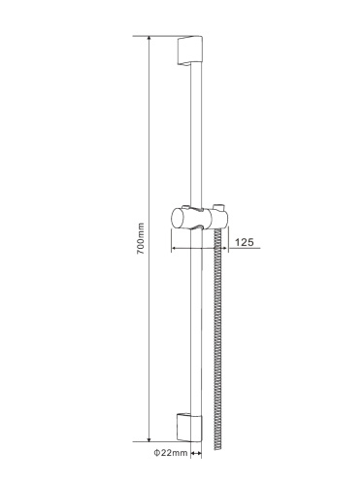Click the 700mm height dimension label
[x=141, y=238]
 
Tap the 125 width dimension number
[x=245, y=242]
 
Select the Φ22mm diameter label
[x=171, y=453]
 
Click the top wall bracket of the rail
[x=190, y=50]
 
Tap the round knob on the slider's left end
[x=178, y=219]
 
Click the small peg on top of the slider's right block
[x=218, y=207]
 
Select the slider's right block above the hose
[x=218, y=219]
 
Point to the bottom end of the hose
[x=217, y=449]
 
